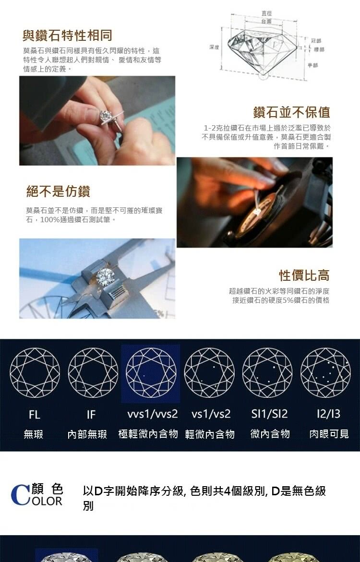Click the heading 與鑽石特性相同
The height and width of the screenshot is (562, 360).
[67, 35]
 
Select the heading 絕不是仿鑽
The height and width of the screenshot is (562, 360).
[58, 191]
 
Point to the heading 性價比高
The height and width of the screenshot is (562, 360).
[304, 275]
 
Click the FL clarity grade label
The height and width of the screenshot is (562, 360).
[34, 414]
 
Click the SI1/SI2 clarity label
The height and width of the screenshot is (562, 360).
[269, 414]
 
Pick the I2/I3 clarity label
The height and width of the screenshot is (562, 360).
[328, 414]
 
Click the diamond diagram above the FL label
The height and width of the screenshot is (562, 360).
[35, 373]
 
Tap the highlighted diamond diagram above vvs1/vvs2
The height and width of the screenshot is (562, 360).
[151, 373]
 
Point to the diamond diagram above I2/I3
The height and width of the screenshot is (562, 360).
[325, 373]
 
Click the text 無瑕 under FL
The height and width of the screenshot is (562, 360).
[34, 434]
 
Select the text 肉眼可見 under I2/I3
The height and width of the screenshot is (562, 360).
[329, 434]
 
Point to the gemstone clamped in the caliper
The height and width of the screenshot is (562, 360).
[104, 276]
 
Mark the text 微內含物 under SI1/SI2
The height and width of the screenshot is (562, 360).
[270, 434]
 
